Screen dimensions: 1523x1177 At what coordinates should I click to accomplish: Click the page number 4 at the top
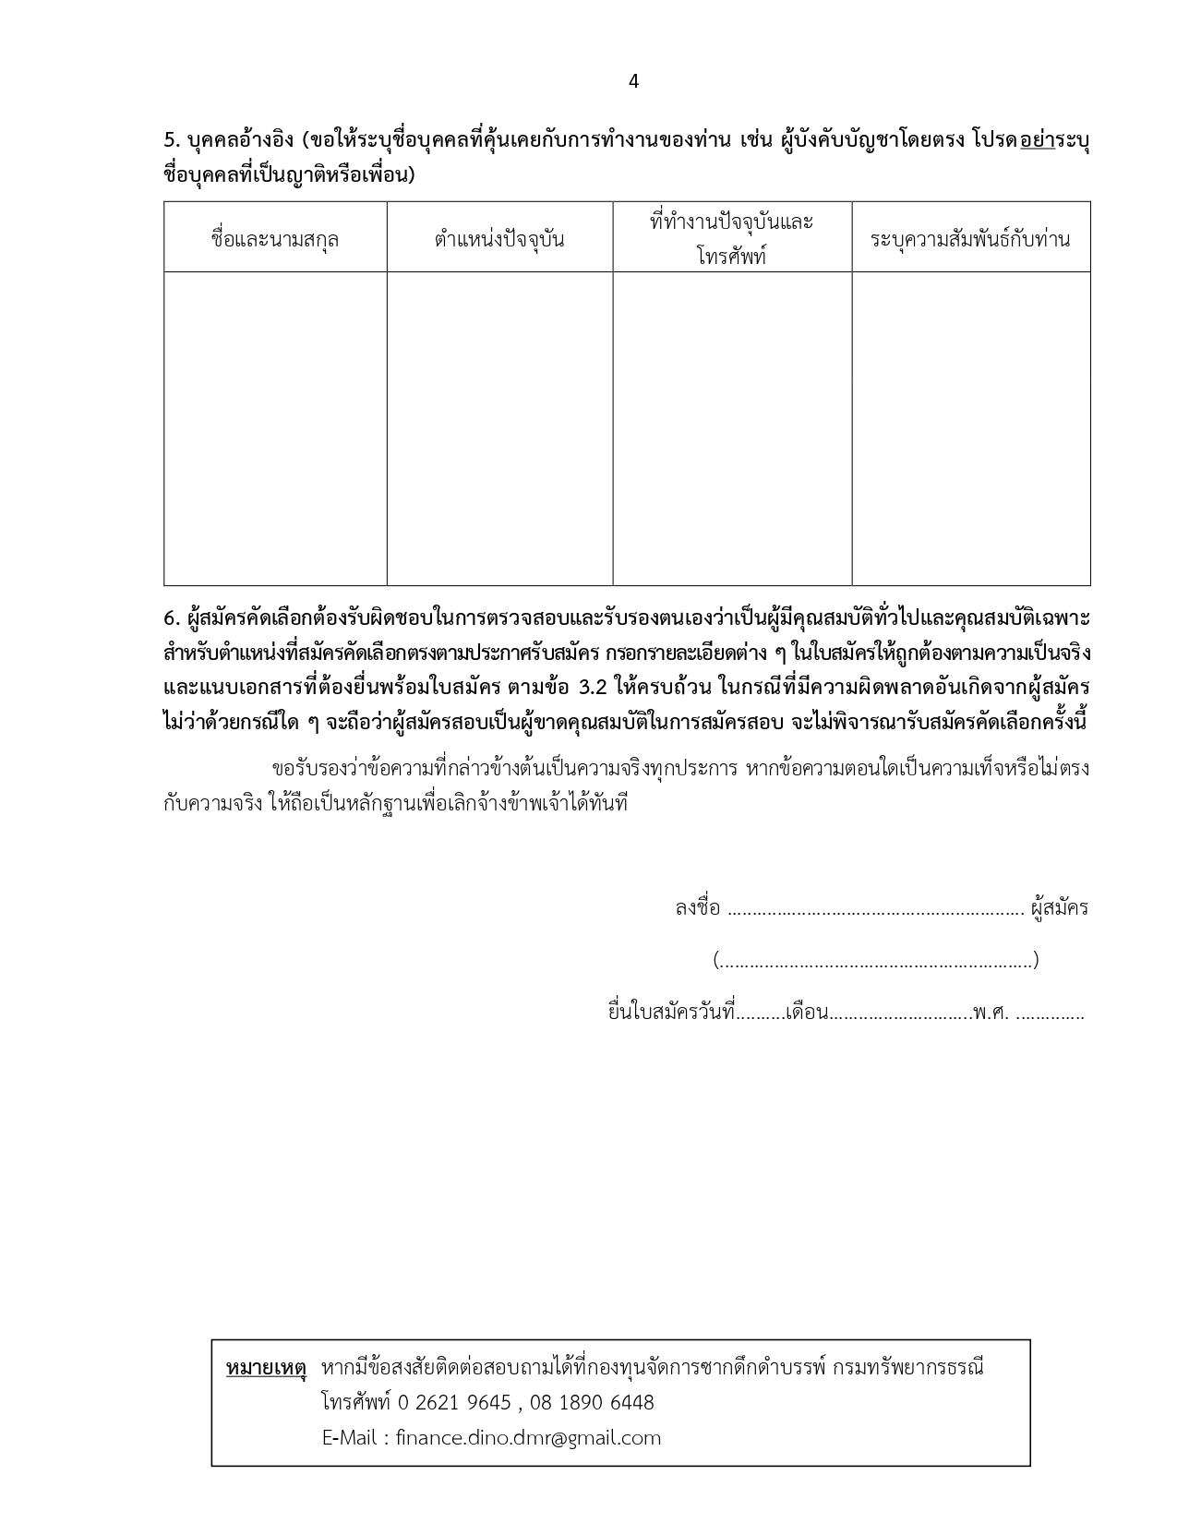(633, 81)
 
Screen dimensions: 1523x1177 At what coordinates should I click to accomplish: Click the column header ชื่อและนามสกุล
(275, 240)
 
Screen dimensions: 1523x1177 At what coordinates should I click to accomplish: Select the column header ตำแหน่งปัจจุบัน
(499, 240)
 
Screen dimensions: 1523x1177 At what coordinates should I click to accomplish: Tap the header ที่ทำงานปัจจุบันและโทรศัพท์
(732, 238)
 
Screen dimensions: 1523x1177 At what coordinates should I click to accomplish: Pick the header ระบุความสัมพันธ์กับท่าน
(970, 240)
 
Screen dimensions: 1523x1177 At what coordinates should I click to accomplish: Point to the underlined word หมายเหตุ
(265, 1368)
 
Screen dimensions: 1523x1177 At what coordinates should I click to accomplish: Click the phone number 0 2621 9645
(454, 1403)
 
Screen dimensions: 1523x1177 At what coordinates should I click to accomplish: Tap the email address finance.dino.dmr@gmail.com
(528, 1438)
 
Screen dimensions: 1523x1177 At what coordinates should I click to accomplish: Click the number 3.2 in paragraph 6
(592, 688)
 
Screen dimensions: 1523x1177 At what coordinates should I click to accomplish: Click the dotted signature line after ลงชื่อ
(876, 910)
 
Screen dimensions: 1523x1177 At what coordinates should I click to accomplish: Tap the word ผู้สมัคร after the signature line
(1060, 908)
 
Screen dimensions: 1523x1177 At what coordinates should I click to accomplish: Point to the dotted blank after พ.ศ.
(1050, 1015)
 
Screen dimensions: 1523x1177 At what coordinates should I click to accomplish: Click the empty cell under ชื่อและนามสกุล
(275, 428)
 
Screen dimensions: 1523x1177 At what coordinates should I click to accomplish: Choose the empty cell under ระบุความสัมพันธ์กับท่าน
(970, 428)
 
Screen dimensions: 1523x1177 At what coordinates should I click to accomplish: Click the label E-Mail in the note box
(352, 1438)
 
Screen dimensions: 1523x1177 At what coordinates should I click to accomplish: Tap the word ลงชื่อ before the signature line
(697, 908)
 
